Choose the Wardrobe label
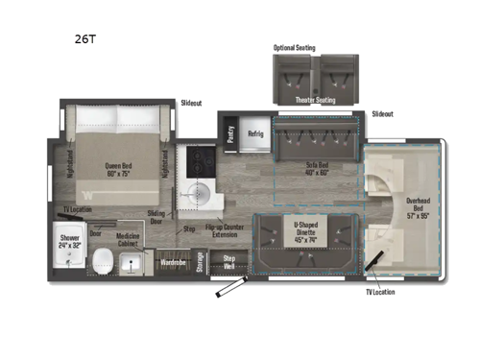pyautogui.click(x=172, y=260)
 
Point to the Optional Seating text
pyautogui.click(x=293, y=47)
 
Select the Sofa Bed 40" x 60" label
pyautogui.click(x=318, y=167)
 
